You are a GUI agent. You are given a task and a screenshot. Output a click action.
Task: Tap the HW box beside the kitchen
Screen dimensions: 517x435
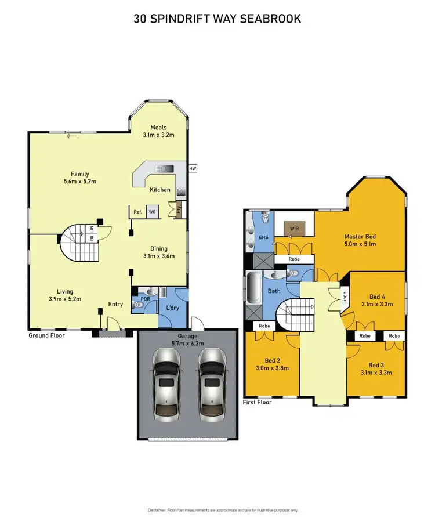193,168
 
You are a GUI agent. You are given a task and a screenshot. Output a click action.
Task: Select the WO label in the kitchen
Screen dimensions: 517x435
153,212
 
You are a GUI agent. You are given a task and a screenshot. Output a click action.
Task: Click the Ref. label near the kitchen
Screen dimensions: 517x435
137,212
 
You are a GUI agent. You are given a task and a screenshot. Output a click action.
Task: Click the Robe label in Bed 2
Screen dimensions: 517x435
265,327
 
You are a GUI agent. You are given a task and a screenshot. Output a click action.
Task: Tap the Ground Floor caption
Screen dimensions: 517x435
46,336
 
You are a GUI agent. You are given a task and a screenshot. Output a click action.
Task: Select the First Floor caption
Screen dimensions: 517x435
258,402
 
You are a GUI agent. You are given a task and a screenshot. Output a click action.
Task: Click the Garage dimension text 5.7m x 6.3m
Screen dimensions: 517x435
187,344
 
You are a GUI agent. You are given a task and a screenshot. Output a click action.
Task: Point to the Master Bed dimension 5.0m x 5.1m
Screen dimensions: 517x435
361,244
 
